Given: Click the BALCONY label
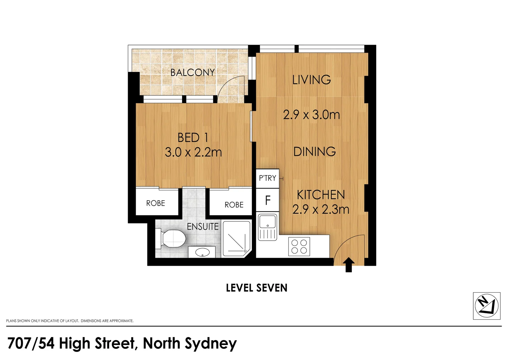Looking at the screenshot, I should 192,72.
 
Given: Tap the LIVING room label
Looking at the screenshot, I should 312,80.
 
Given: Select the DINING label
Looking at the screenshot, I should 314,152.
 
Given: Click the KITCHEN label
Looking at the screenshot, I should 321,195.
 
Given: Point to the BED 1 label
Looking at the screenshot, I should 193,137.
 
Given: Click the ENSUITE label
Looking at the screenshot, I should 202,227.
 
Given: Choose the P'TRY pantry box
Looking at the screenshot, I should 268,178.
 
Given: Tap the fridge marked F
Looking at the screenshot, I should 268,200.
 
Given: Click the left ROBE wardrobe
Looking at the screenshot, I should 156,203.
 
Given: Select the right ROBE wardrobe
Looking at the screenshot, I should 234,205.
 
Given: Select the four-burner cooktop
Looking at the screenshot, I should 299,246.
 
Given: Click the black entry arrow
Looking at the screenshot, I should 349,265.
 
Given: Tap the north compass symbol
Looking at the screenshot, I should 487,306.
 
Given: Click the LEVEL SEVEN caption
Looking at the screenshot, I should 257,288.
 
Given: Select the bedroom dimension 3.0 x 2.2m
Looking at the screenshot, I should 193,152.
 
